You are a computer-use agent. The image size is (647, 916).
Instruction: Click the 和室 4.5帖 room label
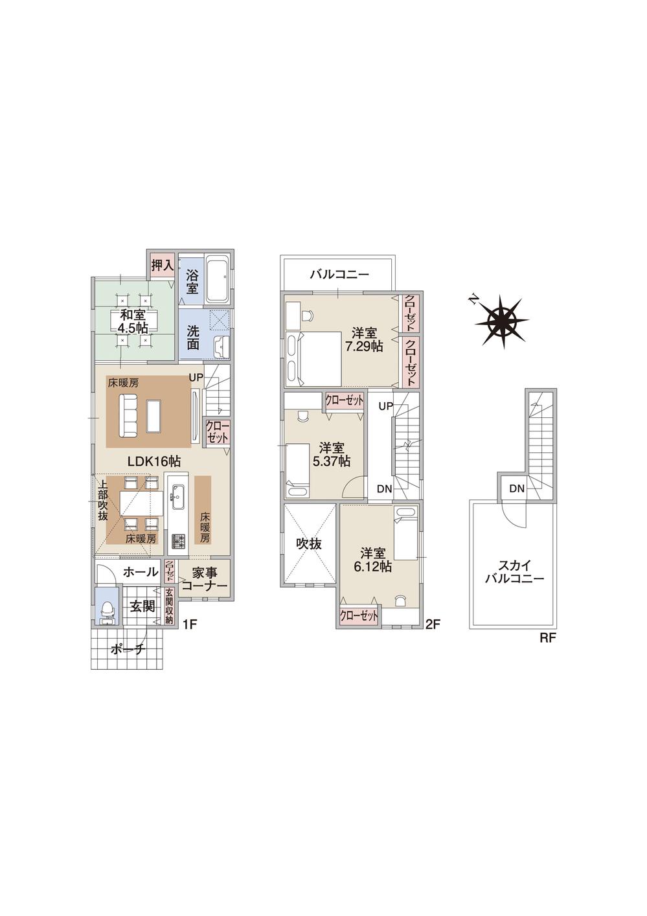[133, 321]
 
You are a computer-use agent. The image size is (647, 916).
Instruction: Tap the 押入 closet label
[161, 265]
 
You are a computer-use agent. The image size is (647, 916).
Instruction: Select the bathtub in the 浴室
[216, 280]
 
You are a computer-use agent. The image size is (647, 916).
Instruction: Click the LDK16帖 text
[153, 461]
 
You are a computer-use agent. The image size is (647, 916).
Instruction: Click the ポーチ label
[128, 649]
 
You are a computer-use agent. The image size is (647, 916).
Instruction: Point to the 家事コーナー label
[204, 579]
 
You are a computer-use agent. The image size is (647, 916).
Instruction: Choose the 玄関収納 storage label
[169, 606]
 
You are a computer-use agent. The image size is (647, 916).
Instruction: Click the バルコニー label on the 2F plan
[339, 275]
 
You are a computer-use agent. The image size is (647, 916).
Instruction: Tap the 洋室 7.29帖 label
[363, 339]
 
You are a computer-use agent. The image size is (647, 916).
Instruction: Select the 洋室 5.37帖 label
[331, 454]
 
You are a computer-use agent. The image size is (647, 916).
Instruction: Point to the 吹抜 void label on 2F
[309, 544]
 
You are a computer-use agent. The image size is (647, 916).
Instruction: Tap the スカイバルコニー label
[515, 571]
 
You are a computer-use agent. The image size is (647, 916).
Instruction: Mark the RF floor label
[548, 637]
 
